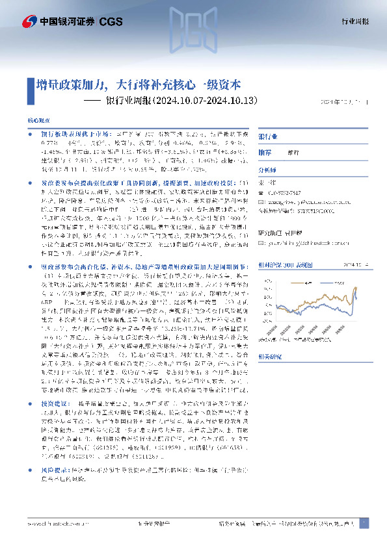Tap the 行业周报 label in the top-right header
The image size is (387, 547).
coord(355,21)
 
